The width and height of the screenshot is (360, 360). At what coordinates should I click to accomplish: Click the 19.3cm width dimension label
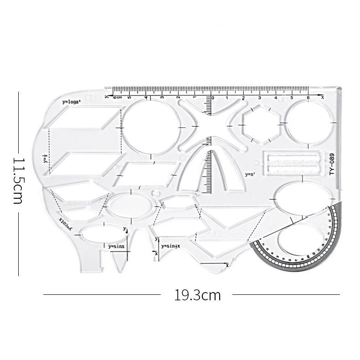click(197, 295)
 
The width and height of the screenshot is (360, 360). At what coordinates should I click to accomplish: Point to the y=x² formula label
click(251, 174)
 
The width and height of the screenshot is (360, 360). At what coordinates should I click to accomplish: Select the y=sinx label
click(116, 246)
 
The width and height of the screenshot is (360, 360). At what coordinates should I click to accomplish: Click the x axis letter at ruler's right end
click(322, 97)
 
